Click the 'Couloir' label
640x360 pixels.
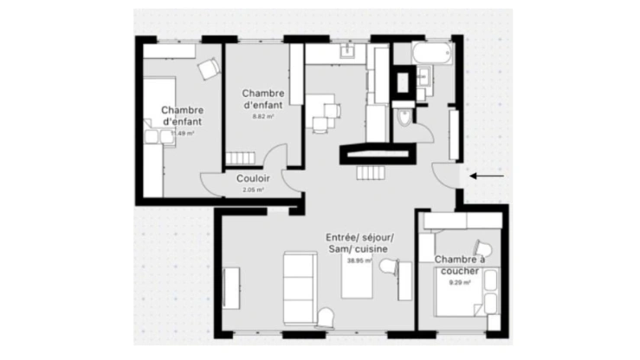(x=253, y=178)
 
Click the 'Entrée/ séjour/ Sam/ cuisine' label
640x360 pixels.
(x=359, y=243)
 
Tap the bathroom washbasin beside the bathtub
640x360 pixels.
(x=423, y=77)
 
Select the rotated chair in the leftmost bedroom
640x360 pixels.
(x=209, y=70)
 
